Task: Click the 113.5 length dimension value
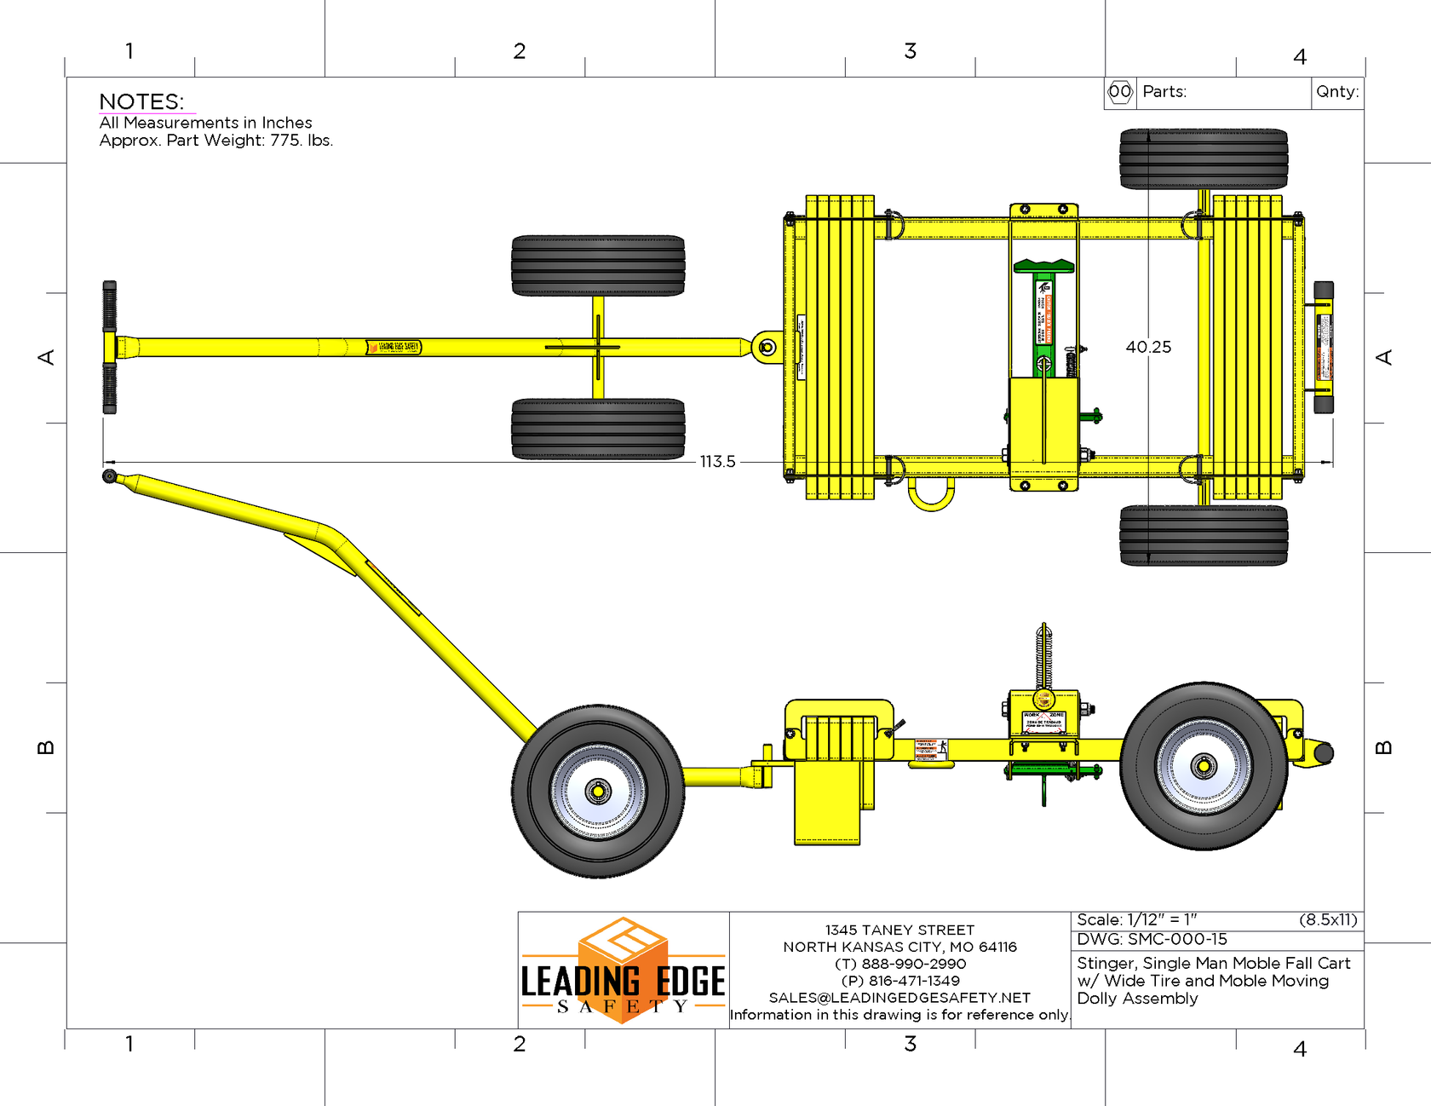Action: click(x=717, y=462)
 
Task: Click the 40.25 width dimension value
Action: click(x=1148, y=347)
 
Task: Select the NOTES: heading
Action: click(x=141, y=101)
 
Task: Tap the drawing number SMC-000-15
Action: click(x=1177, y=939)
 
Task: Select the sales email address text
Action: click(x=899, y=998)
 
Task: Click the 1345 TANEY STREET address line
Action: click(x=899, y=930)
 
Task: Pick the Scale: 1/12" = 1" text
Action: click(x=1136, y=919)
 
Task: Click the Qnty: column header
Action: click(x=1337, y=92)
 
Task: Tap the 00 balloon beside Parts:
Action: click(x=1120, y=92)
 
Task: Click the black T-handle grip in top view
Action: click(x=110, y=348)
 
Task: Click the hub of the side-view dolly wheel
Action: click(x=598, y=792)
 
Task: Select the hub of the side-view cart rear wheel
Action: click(x=1204, y=766)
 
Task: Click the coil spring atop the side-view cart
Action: click(x=1044, y=656)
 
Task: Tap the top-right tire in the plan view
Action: click(x=1203, y=159)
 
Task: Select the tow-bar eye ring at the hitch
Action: click(x=767, y=347)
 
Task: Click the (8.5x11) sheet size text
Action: click(x=1327, y=919)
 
